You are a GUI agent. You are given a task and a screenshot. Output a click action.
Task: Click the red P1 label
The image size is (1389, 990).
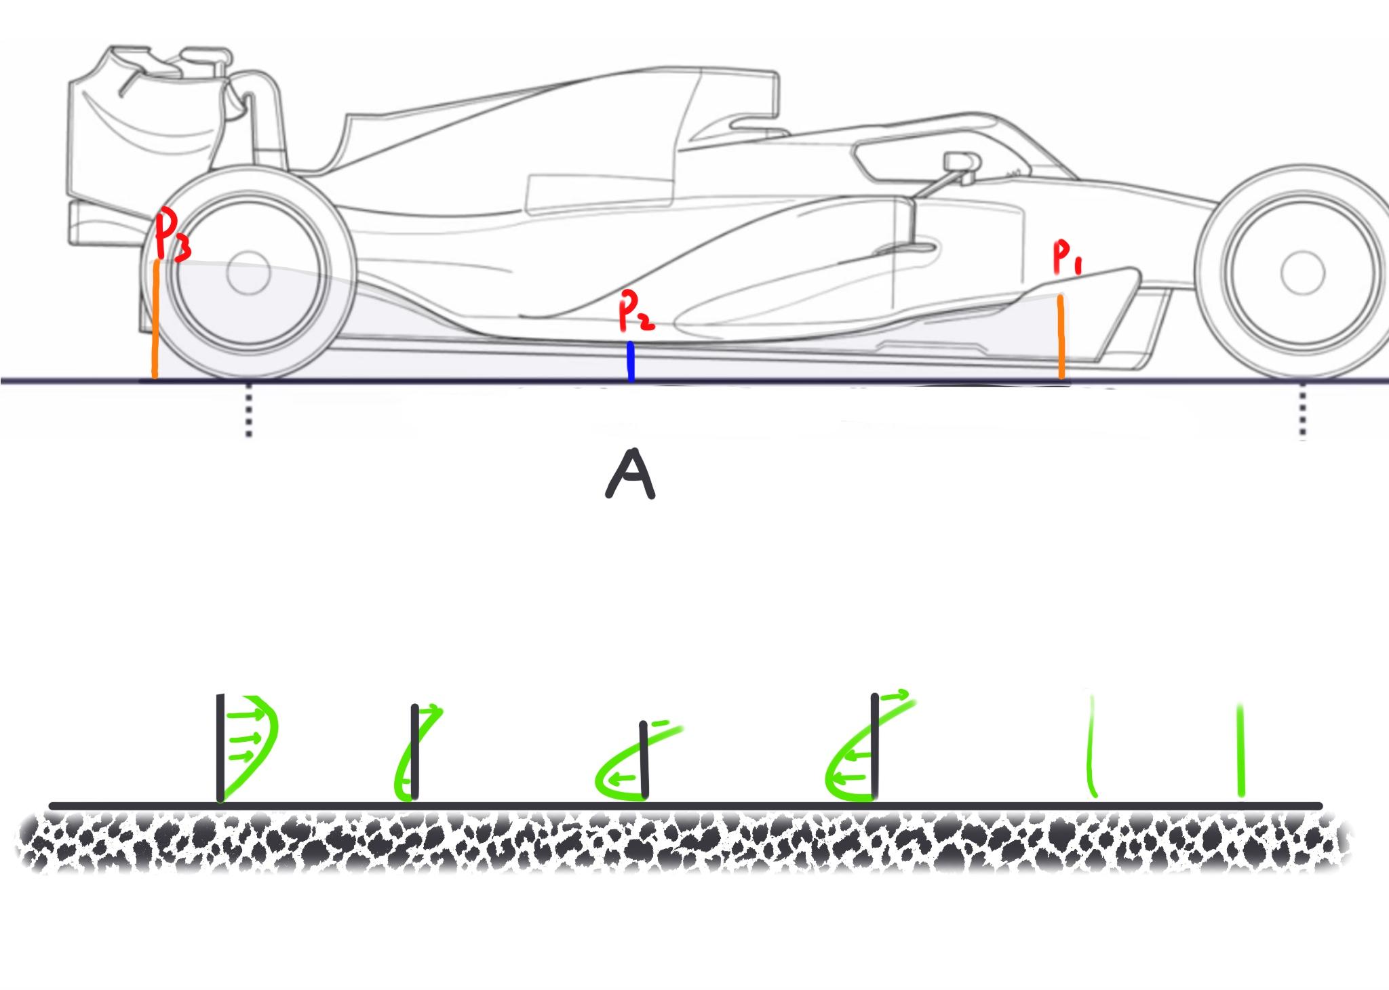tap(1067, 258)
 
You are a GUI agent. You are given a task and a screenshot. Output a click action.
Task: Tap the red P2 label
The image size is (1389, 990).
tap(635, 313)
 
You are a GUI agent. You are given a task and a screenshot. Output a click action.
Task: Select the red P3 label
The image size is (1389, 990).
tap(171, 235)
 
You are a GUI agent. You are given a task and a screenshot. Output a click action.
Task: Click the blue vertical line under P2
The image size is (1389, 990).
tap(631, 361)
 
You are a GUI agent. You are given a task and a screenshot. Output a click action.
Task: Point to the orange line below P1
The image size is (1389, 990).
tap(1061, 336)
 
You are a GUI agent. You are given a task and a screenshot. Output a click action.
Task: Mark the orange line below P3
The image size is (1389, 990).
tap(156, 319)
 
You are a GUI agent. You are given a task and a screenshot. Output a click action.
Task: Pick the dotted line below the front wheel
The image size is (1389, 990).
tap(1302, 412)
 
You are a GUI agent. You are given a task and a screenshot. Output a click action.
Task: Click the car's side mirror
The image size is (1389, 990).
tap(961, 161)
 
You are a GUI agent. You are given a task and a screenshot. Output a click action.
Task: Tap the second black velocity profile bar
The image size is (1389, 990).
tap(414, 751)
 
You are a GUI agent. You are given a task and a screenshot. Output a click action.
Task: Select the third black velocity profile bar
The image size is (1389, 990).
tap(644, 759)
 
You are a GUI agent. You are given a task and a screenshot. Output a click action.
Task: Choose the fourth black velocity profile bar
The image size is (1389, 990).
tap(875, 745)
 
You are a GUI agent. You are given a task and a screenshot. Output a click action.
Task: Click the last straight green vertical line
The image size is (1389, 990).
tap(1240, 750)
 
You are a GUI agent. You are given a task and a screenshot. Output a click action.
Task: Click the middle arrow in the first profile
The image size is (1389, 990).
tap(244, 737)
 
